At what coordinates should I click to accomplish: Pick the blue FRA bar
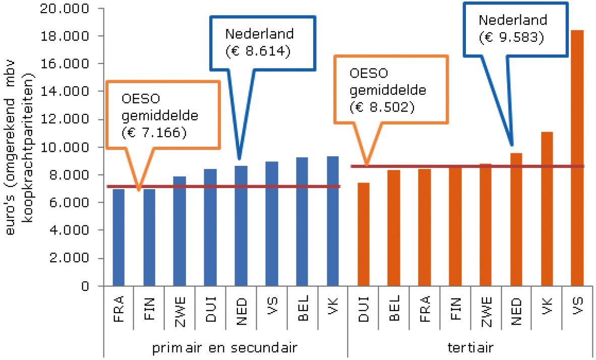pos(118,237)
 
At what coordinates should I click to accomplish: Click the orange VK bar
pos(547,209)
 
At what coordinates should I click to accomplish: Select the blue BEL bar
pos(302,222)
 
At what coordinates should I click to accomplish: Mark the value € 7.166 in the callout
pos(154,133)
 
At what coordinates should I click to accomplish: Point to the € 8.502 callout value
pos(382,106)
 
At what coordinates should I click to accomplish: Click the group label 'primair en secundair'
pos(225,347)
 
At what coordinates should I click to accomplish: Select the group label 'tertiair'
pos(470,347)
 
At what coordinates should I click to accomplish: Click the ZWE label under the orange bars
pos(486,309)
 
